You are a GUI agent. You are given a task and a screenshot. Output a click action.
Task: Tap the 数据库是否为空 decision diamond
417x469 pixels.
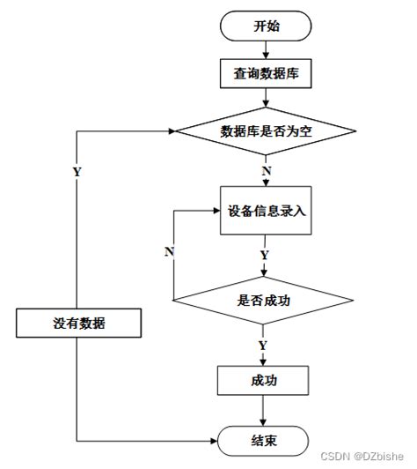tap(264, 131)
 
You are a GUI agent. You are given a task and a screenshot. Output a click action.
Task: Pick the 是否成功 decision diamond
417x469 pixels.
tap(264, 301)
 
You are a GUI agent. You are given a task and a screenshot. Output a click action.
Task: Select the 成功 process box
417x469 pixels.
tap(264, 381)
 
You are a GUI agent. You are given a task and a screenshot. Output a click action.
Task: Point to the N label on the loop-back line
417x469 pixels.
tap(169, 253)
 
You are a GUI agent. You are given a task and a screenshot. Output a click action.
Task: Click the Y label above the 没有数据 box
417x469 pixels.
tap(77, 172)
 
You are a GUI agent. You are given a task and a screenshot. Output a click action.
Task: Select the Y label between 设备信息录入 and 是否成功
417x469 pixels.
tap(264, 255)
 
